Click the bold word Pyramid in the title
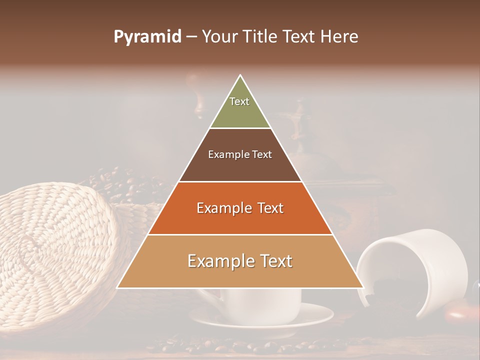[147, 37]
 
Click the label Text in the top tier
[239, 101]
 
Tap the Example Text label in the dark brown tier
[240, 154]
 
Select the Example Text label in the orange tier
[240, 208]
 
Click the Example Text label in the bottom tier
[240, 261]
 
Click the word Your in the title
[218, 37]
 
